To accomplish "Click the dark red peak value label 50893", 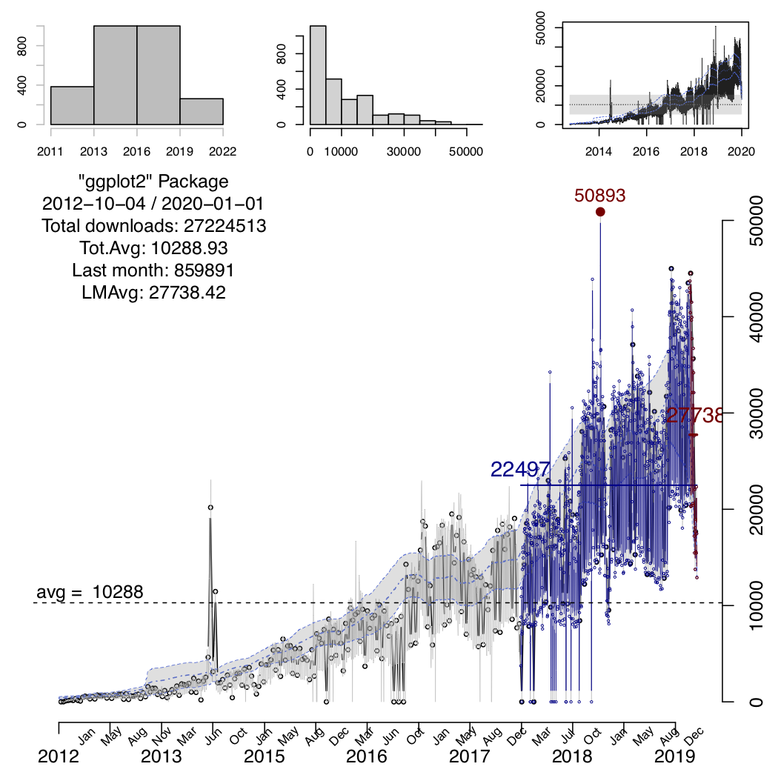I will tap(600, 195).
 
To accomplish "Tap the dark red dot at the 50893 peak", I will tap(600, 212).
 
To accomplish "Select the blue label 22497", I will tap(519, 470).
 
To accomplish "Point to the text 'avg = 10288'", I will tap(90, 592).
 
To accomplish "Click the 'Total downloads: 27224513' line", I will tap(154, 226).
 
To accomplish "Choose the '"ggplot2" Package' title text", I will tap(154, 182).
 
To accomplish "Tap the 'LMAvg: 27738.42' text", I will tap(154, 293).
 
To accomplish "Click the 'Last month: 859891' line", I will tap(154, 270).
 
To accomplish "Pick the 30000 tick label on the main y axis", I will tap(756, 413).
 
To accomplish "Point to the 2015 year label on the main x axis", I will tap(265, 757).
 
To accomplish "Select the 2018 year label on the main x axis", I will tap(571, 757).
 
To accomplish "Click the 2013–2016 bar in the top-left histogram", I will tap(115, 75).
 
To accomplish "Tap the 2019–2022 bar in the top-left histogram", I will tap(201, 111).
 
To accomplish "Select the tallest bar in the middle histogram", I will tap(318, 75).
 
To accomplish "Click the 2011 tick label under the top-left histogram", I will tap(50, 152).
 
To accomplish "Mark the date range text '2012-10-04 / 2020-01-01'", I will tap(154, 204).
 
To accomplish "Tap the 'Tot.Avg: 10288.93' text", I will tap(154, 248).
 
